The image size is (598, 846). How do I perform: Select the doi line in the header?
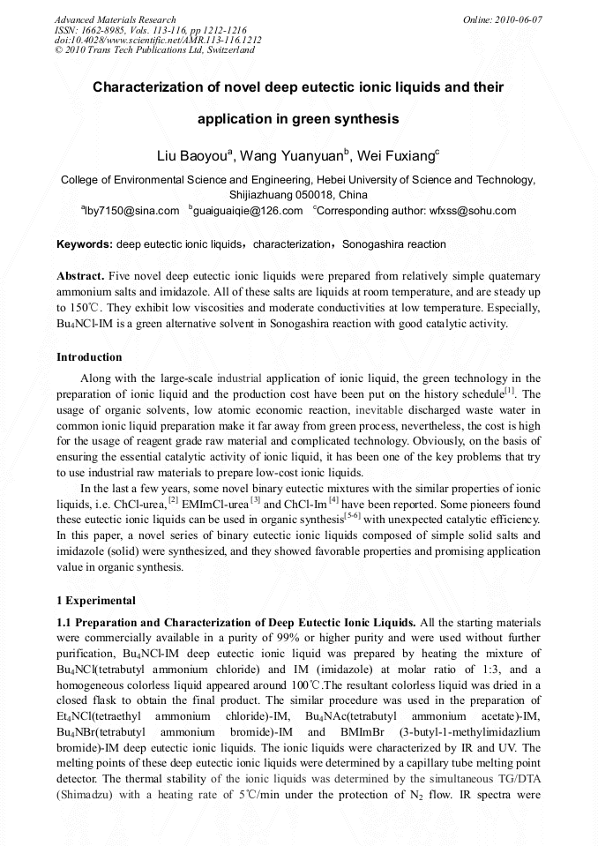(x=158, y=40)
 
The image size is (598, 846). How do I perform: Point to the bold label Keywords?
(x=85, y=244)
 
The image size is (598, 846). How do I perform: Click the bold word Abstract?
(x=80, y=276)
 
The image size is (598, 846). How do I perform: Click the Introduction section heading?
(x=89, y=357)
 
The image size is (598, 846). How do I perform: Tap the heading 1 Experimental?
(x=96, y=601)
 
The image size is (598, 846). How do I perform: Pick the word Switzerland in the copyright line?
(x=229, y=50)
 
